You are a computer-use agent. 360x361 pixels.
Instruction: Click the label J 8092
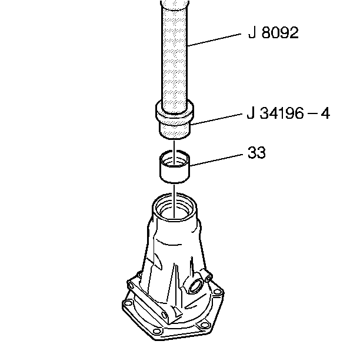[x=273, y=33]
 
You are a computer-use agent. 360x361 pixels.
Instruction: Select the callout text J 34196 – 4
[x=288, y=113]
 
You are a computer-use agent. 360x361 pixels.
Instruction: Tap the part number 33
[x=256, y=152]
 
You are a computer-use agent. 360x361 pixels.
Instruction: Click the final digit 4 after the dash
[x=325, y=113]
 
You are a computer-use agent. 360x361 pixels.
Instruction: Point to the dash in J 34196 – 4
[x=312, y=114]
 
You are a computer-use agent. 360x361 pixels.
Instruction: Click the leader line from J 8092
[x=214, y=40]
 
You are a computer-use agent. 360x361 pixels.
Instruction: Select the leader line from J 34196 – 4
[x=216, y=119]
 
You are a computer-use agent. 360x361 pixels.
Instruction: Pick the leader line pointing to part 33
[x=216, y=160]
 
